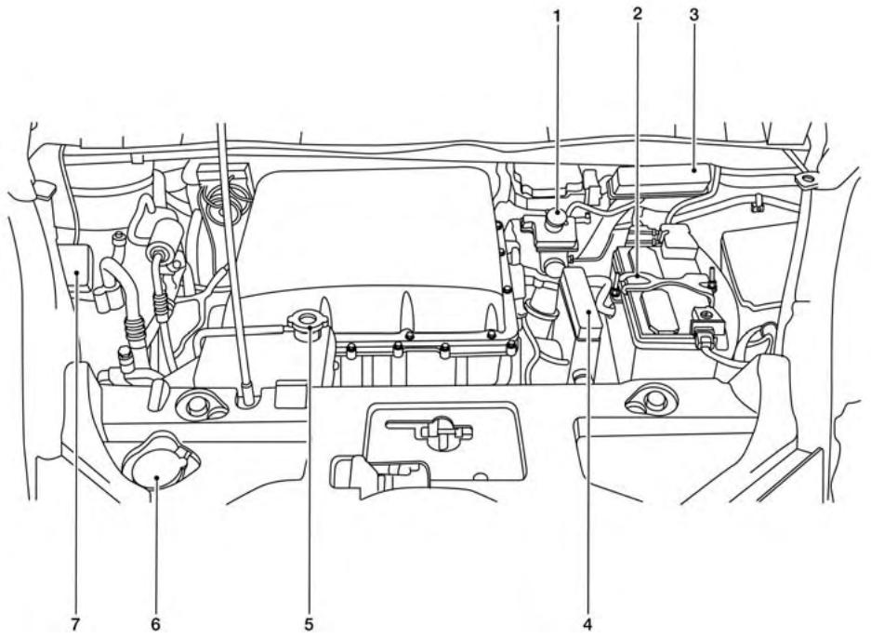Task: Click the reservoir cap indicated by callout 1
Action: tap(556, 220)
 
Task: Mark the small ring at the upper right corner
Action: tap(805, 179)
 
